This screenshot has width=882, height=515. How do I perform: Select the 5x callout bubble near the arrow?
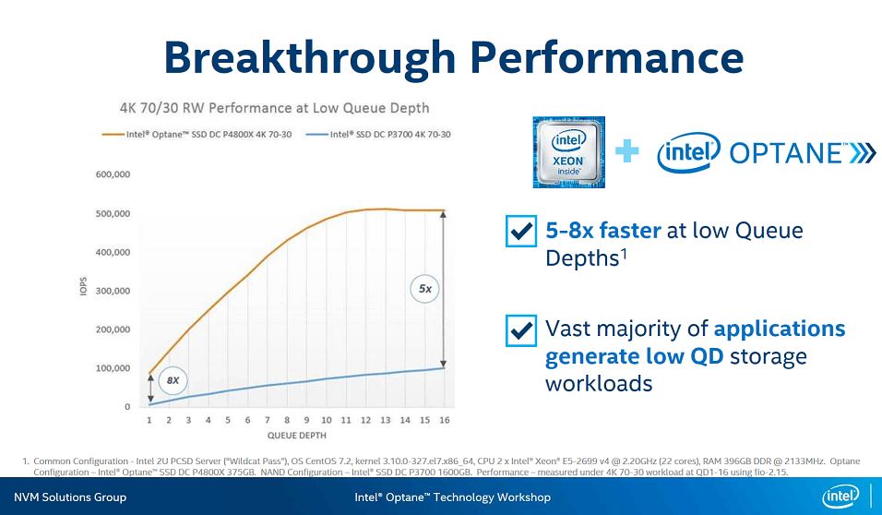tap(424, 289)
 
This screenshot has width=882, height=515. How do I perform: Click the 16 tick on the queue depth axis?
tap(444, 420)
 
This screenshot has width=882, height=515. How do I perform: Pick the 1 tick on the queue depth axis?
tap(149, 420)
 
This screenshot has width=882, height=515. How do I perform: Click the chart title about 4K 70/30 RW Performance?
tap(274, 108)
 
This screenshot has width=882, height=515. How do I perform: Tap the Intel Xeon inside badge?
tap(568, 152)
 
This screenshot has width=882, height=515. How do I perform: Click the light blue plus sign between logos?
tap(627, 151)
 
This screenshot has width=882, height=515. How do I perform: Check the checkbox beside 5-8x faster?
tap(521, 231)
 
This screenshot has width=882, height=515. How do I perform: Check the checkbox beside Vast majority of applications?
tap(521, 329)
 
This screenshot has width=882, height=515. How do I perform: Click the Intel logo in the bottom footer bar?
tap(841, 497)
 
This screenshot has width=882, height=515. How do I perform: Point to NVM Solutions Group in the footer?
tap(69, 497)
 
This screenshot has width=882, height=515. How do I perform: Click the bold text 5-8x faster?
tap(602, 230)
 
